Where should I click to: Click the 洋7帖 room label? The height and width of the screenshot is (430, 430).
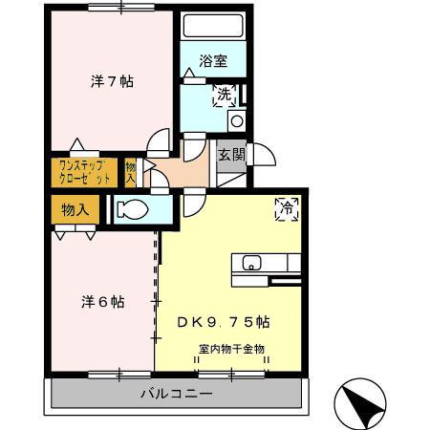pyautogui.click(x=112, y=82)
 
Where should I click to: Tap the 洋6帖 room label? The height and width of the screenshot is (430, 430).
pyautogui.click(x=100, y=301)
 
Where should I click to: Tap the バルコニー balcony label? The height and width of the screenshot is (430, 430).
pyautogui.click(x=177, y=393)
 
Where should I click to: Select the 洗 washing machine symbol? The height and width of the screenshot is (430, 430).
pyautogui.click(x=223, y=97)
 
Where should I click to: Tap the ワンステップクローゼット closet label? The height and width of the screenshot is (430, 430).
pyautogui.click(x=82, y=173)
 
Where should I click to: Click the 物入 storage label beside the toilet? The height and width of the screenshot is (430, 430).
pyautogui.click(x=76, y=209)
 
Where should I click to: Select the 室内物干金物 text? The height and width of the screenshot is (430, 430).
pyautogui.click(x=231, y=349)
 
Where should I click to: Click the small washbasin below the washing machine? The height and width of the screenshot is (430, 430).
pyautogui.click(x=237, y=121)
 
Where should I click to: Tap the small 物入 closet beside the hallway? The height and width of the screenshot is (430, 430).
pyautogui.click(x=131, y=173)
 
